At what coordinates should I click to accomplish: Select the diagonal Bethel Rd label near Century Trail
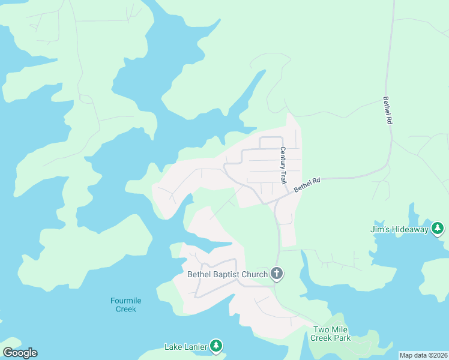[307, 184]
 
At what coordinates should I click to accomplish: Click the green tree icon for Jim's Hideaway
[438, 229]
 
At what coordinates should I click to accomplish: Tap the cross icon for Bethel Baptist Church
[277, 274]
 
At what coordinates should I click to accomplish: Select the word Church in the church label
[255, 275]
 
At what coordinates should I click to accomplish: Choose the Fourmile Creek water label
[126, 305]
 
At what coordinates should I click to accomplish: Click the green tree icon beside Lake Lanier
[216, 346]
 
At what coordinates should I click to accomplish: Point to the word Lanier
[194, 347]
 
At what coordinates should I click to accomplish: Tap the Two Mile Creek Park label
[330, 334]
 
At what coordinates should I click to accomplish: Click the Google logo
[20, 353]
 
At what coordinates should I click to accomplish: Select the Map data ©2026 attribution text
[423, 355]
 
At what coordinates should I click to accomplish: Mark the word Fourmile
[126, 301]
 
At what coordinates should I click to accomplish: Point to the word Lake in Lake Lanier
[173, 347]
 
